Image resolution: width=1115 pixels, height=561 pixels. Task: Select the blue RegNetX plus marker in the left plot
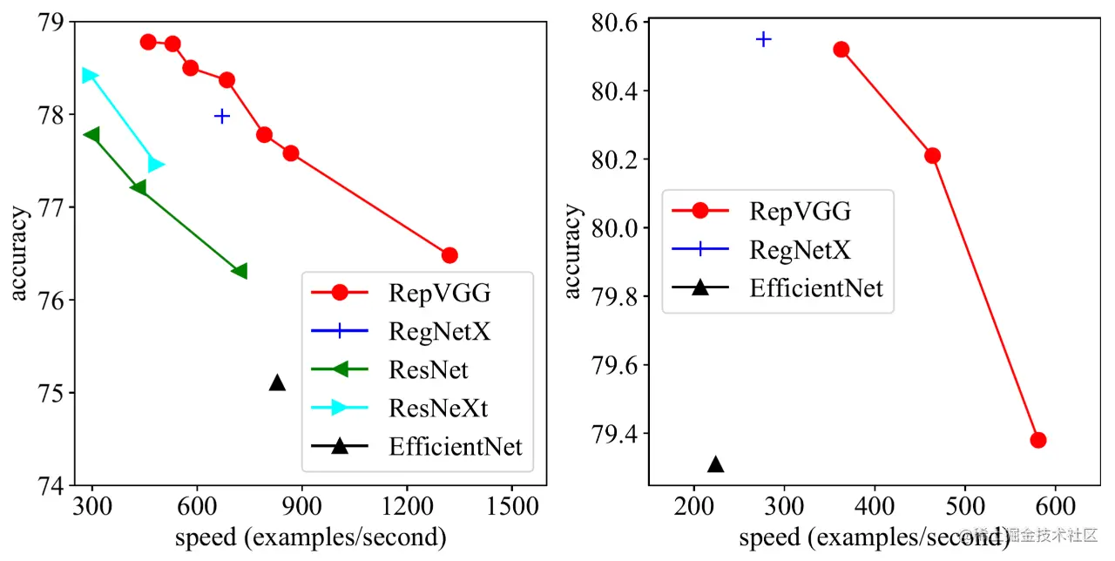[222, 116]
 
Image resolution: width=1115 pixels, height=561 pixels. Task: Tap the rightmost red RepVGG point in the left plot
[449, 255]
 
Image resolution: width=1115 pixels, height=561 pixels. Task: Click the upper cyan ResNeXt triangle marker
[89, 76]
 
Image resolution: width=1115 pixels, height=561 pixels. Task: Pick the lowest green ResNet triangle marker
[240, 271]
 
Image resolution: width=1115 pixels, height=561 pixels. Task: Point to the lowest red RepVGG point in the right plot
[1037, 440]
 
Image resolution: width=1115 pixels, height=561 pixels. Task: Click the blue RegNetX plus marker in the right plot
[764, 39]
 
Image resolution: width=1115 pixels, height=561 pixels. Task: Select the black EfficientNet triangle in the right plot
[715, 464]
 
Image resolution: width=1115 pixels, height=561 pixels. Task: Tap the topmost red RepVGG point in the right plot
[841, 50]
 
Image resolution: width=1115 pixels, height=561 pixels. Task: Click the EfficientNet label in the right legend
[816, 287]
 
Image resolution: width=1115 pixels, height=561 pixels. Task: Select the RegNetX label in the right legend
[800, 249]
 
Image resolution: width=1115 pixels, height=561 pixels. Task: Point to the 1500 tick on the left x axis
[511, 504]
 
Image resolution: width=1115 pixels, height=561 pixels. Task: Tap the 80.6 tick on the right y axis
[616, 23]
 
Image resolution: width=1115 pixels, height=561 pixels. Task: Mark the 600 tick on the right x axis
[1056, 504]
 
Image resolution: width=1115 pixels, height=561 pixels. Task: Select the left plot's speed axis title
[311, 537]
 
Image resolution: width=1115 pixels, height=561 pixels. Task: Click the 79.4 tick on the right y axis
[616, 434]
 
